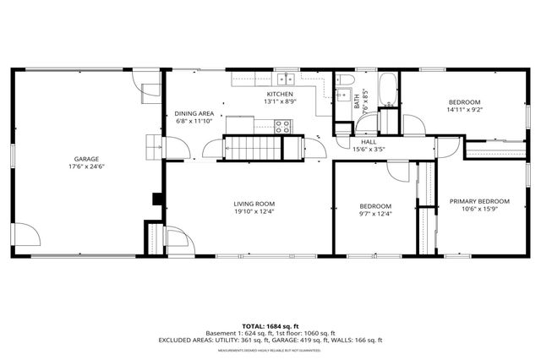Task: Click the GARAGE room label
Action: pyautogui.click(x=86, y=159)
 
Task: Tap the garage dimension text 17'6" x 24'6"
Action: pyautogui.click(x=86, y=166)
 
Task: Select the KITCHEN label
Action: pyautogui.click(x=280, y=94)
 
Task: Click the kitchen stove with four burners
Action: pyautogui.click(x=282, y=127)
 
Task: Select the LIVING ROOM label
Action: pyautogui.click(x=254, y=204)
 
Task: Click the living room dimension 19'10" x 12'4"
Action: pyautogui.click(x=254, y=211)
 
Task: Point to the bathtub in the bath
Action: pyautogui.click(x=387, y=91)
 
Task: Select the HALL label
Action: pyautogui.click(x=369, y=142)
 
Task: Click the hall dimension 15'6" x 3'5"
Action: pyautogui.click(x=369, y=150)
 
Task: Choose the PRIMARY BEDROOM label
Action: pyautogui.click(x=479, y=201)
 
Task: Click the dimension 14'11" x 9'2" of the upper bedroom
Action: pyautogui.click(x=463, y=109)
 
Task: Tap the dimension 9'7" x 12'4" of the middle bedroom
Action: pyautogui.click(x=375, y=214)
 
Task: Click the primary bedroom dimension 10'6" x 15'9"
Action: pyautogui.click(x=479, y=209)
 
